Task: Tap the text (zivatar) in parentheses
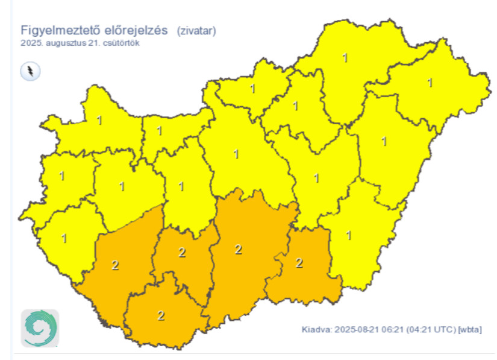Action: [x=196, y=30]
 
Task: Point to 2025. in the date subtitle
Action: [x=30, y=43]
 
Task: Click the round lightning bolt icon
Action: [x=30, y=72]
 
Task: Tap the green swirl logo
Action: [x=40, y=328]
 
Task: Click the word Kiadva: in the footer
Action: [x=316, y=330]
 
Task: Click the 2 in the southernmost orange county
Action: [x=161, y=315]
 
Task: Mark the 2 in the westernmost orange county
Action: [x=114, y=264]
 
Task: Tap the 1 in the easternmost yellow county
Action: [x=430, y=82]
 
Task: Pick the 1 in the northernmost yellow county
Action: [x=345, y=58]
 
